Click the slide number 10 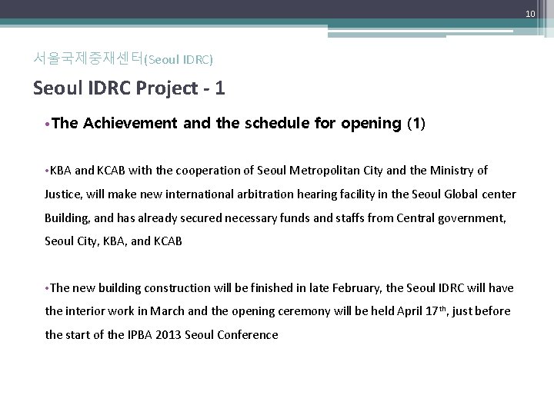531,15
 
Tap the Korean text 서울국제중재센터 88,58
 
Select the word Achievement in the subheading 128,124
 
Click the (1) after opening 415,124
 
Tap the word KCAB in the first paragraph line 116,170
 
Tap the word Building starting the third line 66,218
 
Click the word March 176,311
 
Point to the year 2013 171,335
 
